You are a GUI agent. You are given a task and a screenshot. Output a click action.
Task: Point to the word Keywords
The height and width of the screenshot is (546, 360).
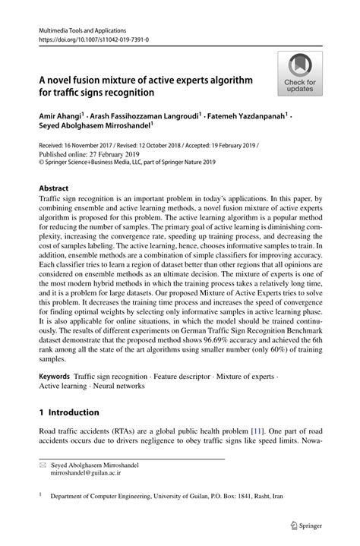[54, 376]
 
